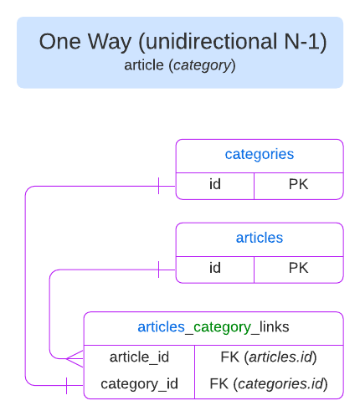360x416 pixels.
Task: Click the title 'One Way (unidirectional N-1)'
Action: point(183,41)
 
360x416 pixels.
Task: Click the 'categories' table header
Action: point(259,154)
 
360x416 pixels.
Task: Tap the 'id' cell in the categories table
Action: point(214,185)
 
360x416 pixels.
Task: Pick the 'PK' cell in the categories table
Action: point(298,185)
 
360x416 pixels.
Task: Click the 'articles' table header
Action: point(259,238)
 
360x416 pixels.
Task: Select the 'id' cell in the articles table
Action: point(214,269)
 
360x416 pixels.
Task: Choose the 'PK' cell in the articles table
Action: point(298,269)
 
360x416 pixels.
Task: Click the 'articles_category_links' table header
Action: point(213,326)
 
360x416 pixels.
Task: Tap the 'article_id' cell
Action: point(139,357)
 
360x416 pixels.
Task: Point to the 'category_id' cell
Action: point(139,384)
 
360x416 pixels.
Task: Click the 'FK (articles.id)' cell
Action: point(268,357)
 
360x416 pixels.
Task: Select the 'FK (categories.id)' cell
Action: point(268,384)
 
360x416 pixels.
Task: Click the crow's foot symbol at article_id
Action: point(75,357)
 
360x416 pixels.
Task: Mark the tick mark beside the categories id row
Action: point(158,185)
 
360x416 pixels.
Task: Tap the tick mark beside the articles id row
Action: point(158,269)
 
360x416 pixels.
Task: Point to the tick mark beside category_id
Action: point(66,385)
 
